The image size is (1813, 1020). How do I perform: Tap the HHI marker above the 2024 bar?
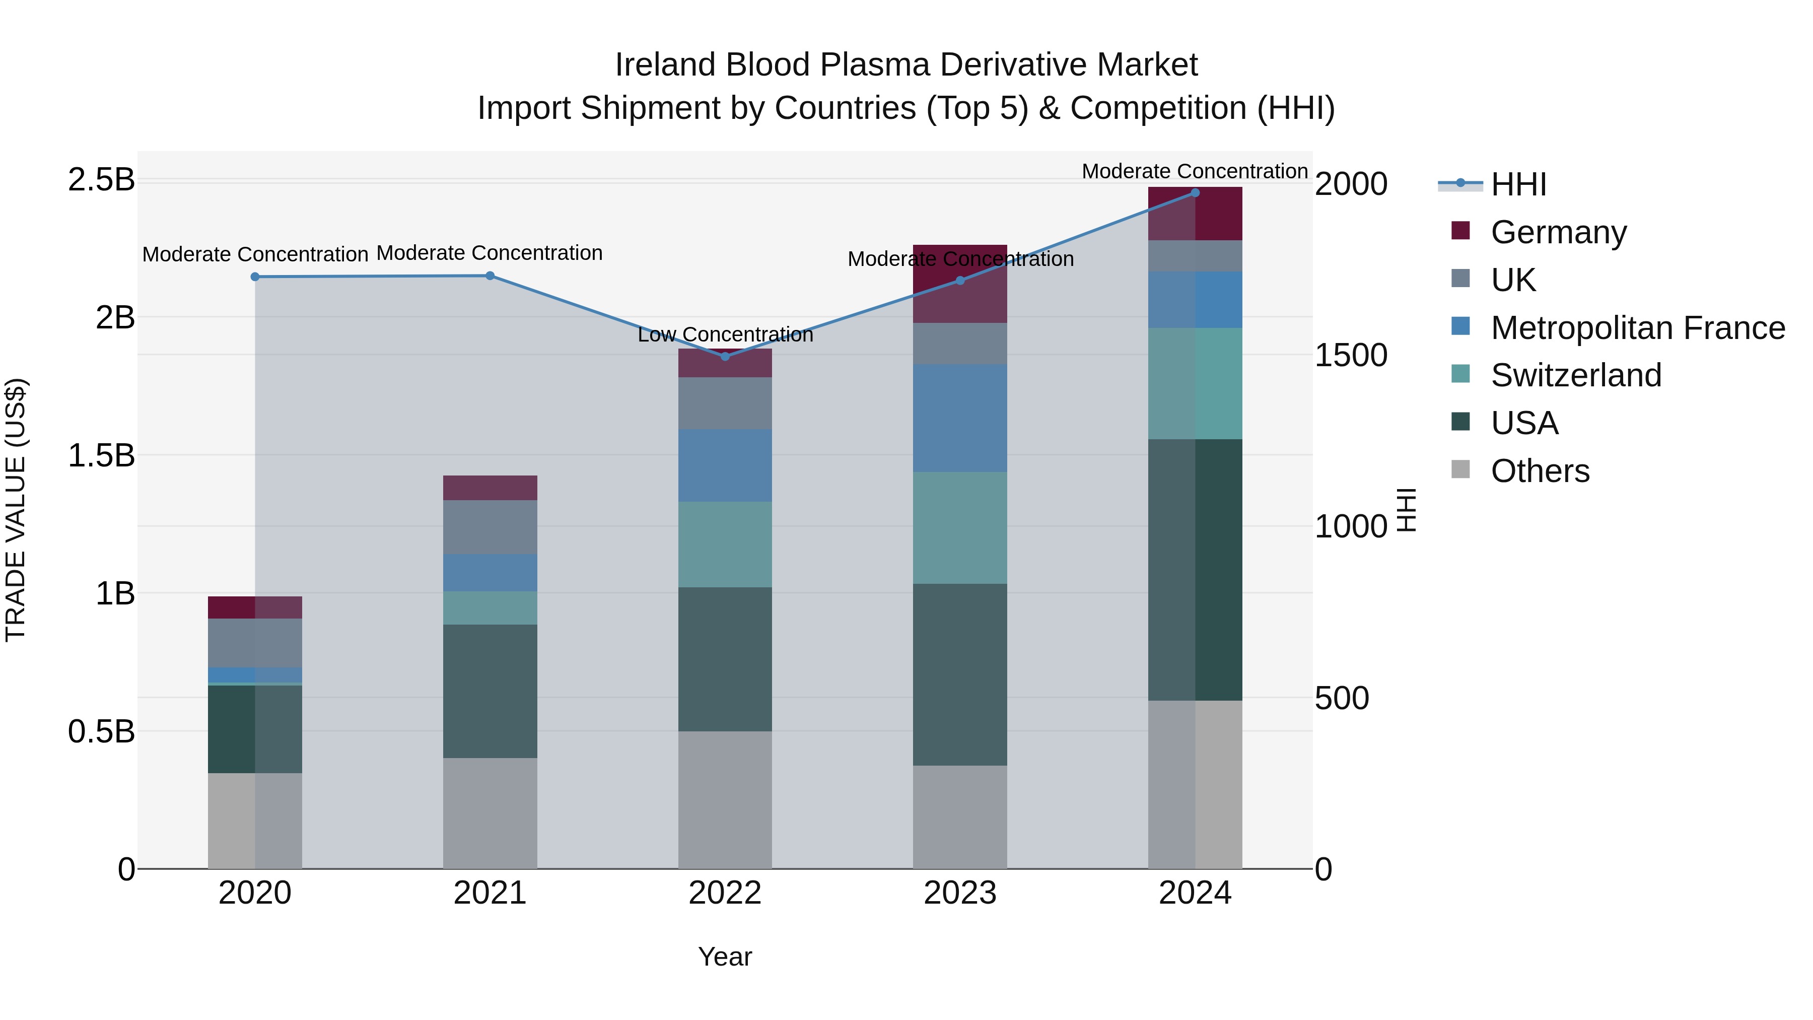coord(1195,193)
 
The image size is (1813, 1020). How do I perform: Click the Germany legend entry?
coord(1558,232)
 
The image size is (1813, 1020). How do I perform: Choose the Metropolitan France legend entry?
coord(1637,328)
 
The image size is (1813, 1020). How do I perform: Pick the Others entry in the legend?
coord(1540,471)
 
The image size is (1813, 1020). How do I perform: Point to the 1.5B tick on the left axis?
coord(101,455)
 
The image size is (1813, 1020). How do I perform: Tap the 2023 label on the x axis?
coord(960,893)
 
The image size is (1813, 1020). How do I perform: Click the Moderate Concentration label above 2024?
coord(1195,171)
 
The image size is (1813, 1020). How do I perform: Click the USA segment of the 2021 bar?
coord(490,691)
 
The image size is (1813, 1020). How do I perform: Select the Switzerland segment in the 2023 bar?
coord(960,527)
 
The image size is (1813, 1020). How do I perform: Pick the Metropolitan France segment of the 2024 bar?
coord(1195,299)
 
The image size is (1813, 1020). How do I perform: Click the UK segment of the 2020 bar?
coord(255,643)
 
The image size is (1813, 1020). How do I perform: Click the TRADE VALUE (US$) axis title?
coord(16,510)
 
